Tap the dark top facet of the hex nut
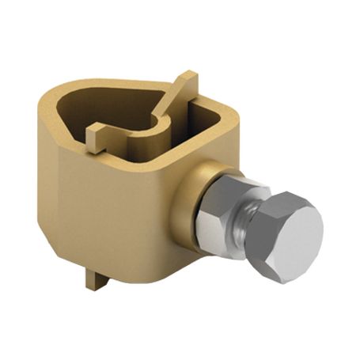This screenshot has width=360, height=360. point(229,184)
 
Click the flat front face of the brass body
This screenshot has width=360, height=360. point(111,214)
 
